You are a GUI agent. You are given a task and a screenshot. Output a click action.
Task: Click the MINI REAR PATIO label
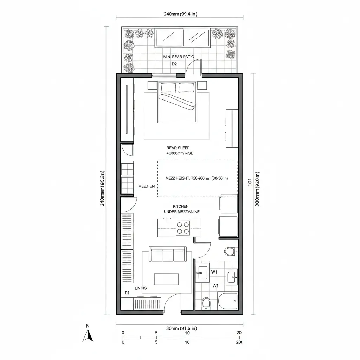click(x=179, y=57)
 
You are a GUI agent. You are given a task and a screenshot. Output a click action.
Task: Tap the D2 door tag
click(x=174, y=64)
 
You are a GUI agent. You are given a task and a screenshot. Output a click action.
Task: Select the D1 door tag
click(x=127, y=292)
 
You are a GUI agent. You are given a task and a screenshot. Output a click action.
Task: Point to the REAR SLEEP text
click(x=178, y=148)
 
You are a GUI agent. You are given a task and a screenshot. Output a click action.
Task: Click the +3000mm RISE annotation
click(x=180, y=153)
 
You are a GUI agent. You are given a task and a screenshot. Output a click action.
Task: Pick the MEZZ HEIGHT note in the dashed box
click(x=197, y=178)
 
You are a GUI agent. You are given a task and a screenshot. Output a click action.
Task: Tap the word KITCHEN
click(x=181, y=206)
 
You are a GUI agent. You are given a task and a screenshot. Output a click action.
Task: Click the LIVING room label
click(x=141, y=288)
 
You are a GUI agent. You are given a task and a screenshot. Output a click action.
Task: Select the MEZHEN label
click(x=147, y=186)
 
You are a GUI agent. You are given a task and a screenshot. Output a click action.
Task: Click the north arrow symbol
click(x=88, y=335)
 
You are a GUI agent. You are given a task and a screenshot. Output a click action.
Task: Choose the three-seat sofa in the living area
click(x=168, y=254)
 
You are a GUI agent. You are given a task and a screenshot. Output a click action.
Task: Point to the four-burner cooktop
click(x=183, y=227)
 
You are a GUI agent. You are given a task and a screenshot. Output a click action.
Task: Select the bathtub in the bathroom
click(x=228, y=301)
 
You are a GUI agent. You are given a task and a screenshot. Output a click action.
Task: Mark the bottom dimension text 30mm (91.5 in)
click(x=181, y=328)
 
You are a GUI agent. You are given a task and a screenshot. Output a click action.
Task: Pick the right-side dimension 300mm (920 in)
click(x=258, y=189)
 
